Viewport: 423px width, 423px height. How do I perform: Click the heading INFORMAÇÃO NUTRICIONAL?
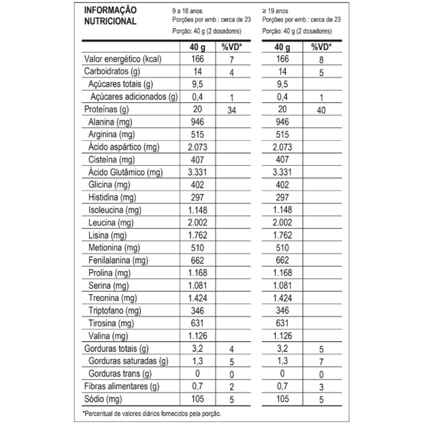(x=110, y=16)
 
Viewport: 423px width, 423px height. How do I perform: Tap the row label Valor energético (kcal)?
(x=123, y=59)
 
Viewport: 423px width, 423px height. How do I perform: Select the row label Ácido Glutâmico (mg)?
(x=125, y=172)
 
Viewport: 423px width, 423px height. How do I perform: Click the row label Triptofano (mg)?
(x=115, y=311)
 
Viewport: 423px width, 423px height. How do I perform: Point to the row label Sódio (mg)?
(x=103, y=399)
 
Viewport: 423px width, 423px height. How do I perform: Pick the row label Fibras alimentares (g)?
(x=122, y=386)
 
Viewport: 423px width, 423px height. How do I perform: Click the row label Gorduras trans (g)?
(x=120, y=374)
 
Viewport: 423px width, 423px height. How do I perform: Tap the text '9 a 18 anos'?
(x=187, y=11)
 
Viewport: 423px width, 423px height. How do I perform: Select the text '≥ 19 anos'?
(x=275, y=11)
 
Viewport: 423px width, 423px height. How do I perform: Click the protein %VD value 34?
(x=232, y=110)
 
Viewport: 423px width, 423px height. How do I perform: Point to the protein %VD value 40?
(x=321, y=110)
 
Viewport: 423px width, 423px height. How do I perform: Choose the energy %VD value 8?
(x=321, y=60)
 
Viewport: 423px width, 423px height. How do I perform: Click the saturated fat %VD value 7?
(x=321, y=362)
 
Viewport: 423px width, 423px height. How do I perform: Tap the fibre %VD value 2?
(x=232, y=387)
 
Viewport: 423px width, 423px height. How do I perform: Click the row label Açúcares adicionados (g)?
(x=134, y=97)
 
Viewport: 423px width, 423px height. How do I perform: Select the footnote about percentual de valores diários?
(x=152, y=413)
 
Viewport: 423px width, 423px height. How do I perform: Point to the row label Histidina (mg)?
(x=112, y=197)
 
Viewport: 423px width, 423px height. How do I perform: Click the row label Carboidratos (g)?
(x=112, y=72)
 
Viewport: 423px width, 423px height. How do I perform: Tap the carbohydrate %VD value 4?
(x=232, y=73)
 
